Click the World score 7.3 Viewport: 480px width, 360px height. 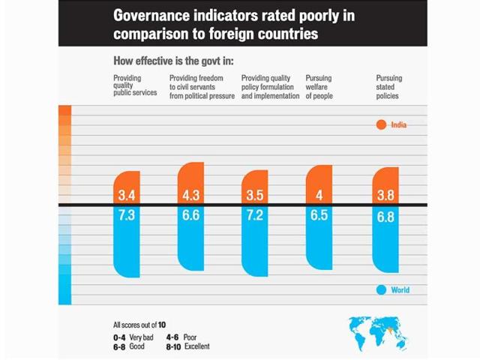[x=125, y=215]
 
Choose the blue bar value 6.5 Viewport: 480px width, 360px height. [x=319, y=215]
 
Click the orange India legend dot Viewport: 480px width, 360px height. [x=381, y=124]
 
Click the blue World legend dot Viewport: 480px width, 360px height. [x=381, y=290]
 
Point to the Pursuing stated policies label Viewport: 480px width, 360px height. [x=387, y=87]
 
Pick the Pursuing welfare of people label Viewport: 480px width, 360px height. [x=319, y=87]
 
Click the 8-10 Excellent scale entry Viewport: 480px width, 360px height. [x=187, y=346]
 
